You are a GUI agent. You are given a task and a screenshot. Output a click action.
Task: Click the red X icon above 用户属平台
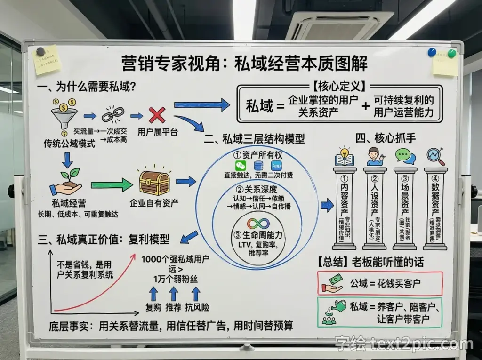pyautogui.click(x=156, y=115)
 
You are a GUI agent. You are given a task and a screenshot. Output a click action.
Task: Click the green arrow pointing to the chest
pyautogui.click(x=112, y=184)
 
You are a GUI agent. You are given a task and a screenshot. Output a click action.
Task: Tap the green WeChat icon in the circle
pyautogui.click(x=241, y=166)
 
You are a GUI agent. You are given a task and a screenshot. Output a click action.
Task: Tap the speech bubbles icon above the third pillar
pyautogui.click(x=405, y=156)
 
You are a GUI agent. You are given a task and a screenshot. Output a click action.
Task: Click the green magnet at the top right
pyautogui.click(x=452, y=53)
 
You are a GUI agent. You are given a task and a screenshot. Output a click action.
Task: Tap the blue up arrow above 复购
pyautogui.click(x=153, y=294)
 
